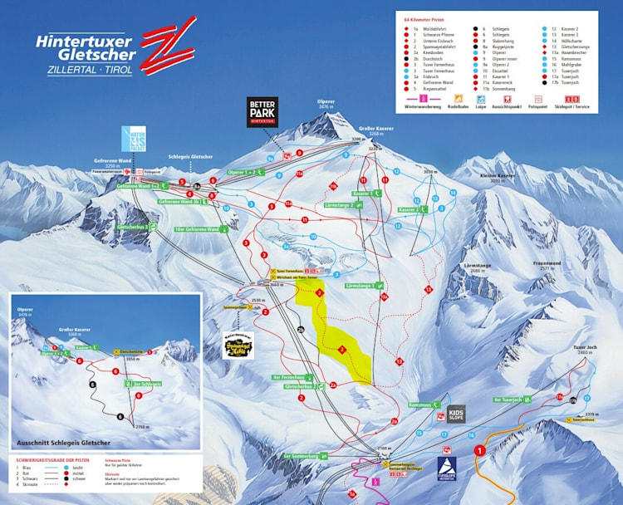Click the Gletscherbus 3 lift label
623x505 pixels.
click(x=136, y=226)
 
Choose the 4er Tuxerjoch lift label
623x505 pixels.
click(x=510, y=400)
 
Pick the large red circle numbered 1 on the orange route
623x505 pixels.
click(x=478, y=451)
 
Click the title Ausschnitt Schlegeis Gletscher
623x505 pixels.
click(x=61, y=443)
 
